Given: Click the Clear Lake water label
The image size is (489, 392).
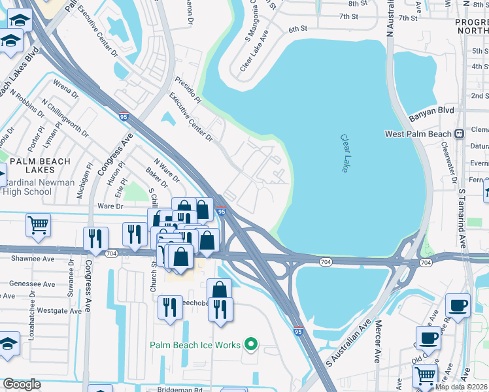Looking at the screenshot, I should coord(345,154).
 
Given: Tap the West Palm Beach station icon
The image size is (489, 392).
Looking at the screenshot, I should coord(460,134).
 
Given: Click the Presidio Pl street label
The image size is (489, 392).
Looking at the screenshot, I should coord(188,90).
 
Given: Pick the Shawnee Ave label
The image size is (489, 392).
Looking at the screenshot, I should coord(33,258).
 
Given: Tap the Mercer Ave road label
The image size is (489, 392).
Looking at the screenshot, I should coord(377,349).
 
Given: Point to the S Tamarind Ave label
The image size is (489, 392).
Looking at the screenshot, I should coord(462,219).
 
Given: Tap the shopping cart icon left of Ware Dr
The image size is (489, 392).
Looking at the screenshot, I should coord(38,225).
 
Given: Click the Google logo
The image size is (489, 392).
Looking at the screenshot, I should coord(22,384).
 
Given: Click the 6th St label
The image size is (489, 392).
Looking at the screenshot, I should coord(297,29).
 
